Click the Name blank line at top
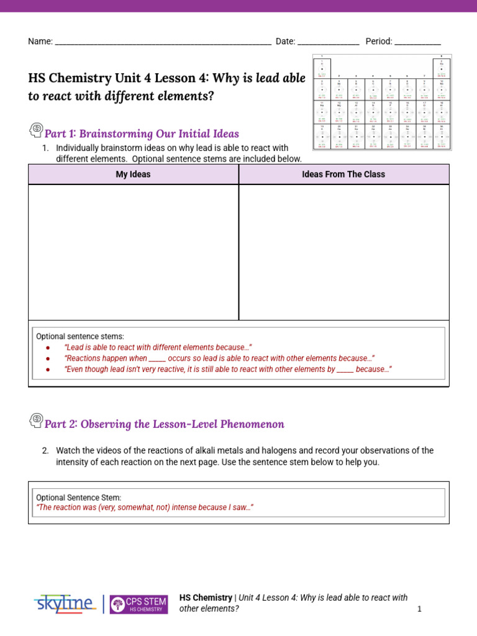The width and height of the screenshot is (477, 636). coord(163,42)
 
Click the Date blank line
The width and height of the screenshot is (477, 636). coord(328,42)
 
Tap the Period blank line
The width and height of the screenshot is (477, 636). coord(417,42)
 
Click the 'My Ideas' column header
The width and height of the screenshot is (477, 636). coord(133,175)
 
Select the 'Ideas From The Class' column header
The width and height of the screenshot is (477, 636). coord(343,175)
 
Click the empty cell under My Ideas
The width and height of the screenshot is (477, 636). coord(133,252)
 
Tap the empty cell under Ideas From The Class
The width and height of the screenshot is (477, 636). coord(343,252)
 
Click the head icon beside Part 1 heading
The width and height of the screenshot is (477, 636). coord(36,130)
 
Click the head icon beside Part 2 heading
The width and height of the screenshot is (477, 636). coord(36,421)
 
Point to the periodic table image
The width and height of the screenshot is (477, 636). coord(381,102)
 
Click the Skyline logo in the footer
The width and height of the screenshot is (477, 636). coord(65,603)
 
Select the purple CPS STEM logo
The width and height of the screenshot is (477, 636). coord(139,604)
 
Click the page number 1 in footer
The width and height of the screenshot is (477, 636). coord(419,609)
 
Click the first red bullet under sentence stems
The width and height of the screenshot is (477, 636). coord(47,348)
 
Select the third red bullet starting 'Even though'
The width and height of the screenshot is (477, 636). coord(47,369)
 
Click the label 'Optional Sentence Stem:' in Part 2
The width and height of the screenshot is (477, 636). coord(79,497)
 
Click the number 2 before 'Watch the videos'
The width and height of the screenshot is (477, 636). coord(45,450)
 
